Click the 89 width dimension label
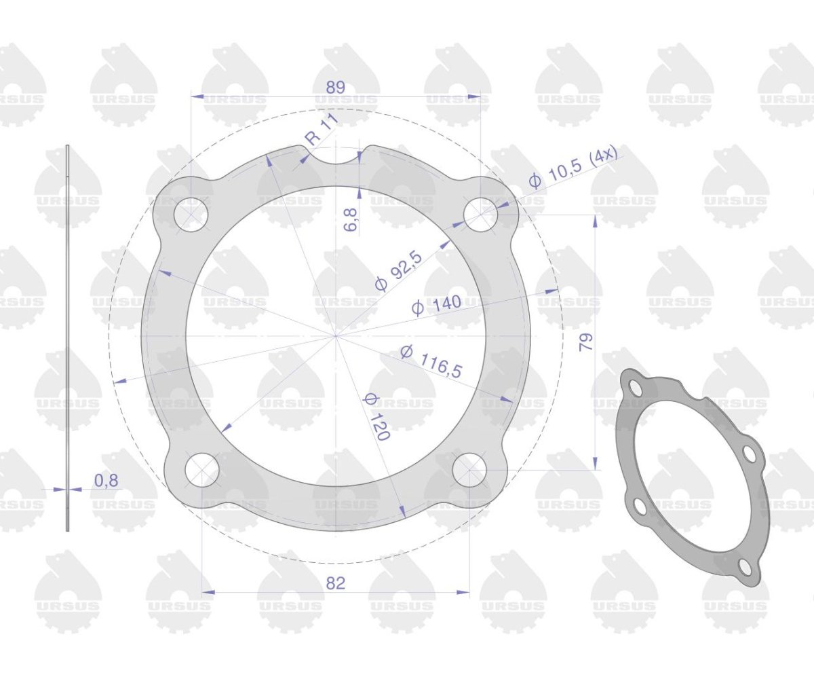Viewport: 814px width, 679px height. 336,88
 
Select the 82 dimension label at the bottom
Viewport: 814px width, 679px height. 336,583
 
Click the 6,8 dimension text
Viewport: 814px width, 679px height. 351,221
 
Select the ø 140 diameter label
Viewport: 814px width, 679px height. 436,306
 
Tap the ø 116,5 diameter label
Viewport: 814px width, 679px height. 431,361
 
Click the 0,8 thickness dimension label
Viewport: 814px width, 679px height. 106,481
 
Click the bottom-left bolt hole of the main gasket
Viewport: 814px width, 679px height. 202,470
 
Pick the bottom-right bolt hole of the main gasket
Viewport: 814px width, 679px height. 469,470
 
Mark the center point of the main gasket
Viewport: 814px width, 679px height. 336,335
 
